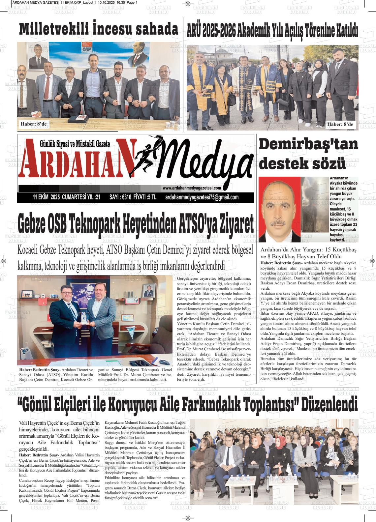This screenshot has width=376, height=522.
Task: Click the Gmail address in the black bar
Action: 202,197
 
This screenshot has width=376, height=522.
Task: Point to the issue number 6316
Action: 126,197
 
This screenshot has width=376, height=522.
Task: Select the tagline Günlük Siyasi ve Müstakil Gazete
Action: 75,144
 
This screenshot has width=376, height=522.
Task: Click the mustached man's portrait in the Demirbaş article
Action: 279,210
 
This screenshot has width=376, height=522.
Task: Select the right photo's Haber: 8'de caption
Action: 340,124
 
